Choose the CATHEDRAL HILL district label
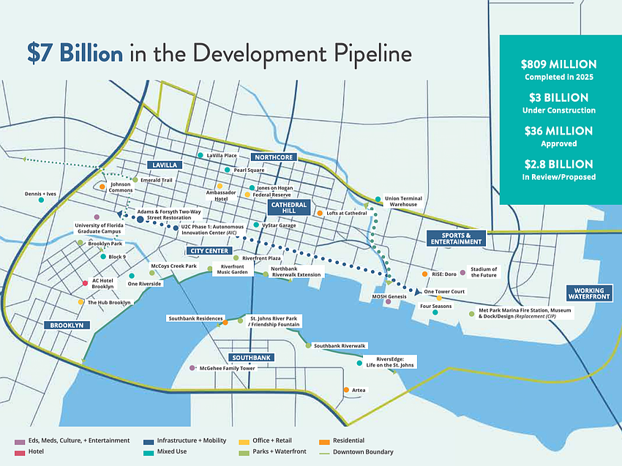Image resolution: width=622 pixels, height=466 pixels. (288, 208)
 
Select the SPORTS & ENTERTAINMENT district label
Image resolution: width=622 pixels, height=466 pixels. (456, 238)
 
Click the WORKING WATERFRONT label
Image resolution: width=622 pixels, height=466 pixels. (590, 294)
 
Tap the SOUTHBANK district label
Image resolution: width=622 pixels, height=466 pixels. (251, 358)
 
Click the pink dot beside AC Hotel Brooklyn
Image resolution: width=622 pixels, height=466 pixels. (86, 282)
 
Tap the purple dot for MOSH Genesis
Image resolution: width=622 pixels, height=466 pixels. (388, 302)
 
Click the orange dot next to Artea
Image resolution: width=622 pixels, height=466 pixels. (345, 390)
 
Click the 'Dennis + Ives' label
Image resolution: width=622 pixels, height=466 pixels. (40, 194)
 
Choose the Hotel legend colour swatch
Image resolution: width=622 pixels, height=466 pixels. (18, 452)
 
